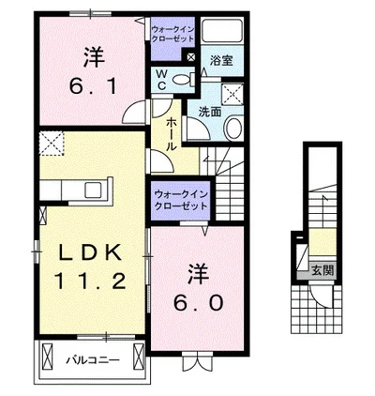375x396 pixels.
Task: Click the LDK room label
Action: (90, 252)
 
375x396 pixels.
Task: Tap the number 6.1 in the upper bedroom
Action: (94, 85)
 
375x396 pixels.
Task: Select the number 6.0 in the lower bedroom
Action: (199, 303)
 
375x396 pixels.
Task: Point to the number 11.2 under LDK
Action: (90, 281)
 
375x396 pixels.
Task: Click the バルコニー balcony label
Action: (93, 360)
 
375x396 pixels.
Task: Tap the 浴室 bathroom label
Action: (221, 60)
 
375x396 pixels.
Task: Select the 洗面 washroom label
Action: (210, 112)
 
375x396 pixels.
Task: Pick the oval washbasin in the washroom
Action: (233, 128)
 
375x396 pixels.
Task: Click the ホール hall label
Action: (172, 134)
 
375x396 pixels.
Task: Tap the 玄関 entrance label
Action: (322, 271)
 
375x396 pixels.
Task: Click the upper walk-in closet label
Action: (172, 35)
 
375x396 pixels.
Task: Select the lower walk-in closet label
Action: (181, 200)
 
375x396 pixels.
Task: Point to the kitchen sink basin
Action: (93, 190)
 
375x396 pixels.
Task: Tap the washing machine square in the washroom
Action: (232, 93)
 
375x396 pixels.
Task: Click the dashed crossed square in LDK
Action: (52, 144)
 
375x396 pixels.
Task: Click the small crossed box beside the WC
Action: (190, 57)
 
